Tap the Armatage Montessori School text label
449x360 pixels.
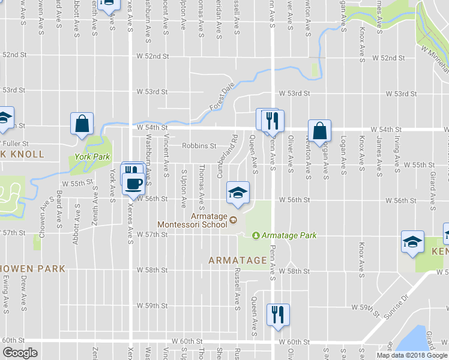pos(193,220)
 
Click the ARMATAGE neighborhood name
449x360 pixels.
pos(237,260)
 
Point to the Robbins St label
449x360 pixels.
pos(199,146)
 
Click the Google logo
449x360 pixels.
pos(20,353)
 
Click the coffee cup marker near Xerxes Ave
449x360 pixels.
pos(133,184)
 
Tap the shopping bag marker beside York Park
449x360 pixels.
pos(81,124)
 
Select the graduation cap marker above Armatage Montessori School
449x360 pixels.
pos(238,193)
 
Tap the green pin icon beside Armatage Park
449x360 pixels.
pos(256,236)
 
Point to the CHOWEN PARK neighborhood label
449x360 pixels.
pos(32,269)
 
